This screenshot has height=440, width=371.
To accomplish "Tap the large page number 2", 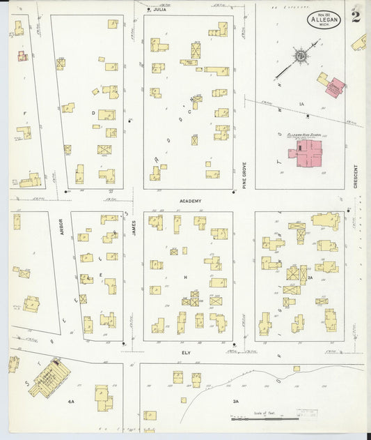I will coord(356,16).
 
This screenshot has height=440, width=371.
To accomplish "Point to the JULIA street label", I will coord(160,10).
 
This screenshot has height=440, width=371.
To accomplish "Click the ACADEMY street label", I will coord(190,201).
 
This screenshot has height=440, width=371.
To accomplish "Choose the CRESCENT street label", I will coord(356,176).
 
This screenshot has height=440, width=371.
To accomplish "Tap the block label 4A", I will coord(71,402).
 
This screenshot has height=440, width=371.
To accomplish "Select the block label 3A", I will coord(235,402).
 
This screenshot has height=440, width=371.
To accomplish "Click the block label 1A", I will coord(302,104).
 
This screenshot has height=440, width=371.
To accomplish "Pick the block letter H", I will coord(186,277).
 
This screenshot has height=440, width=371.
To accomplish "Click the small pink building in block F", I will coord(23,56).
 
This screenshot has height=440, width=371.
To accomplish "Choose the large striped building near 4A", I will coord(49,377).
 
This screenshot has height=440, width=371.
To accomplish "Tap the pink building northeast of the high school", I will coord(335,88).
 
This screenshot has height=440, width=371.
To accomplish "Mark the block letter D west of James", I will coord(93,112).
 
